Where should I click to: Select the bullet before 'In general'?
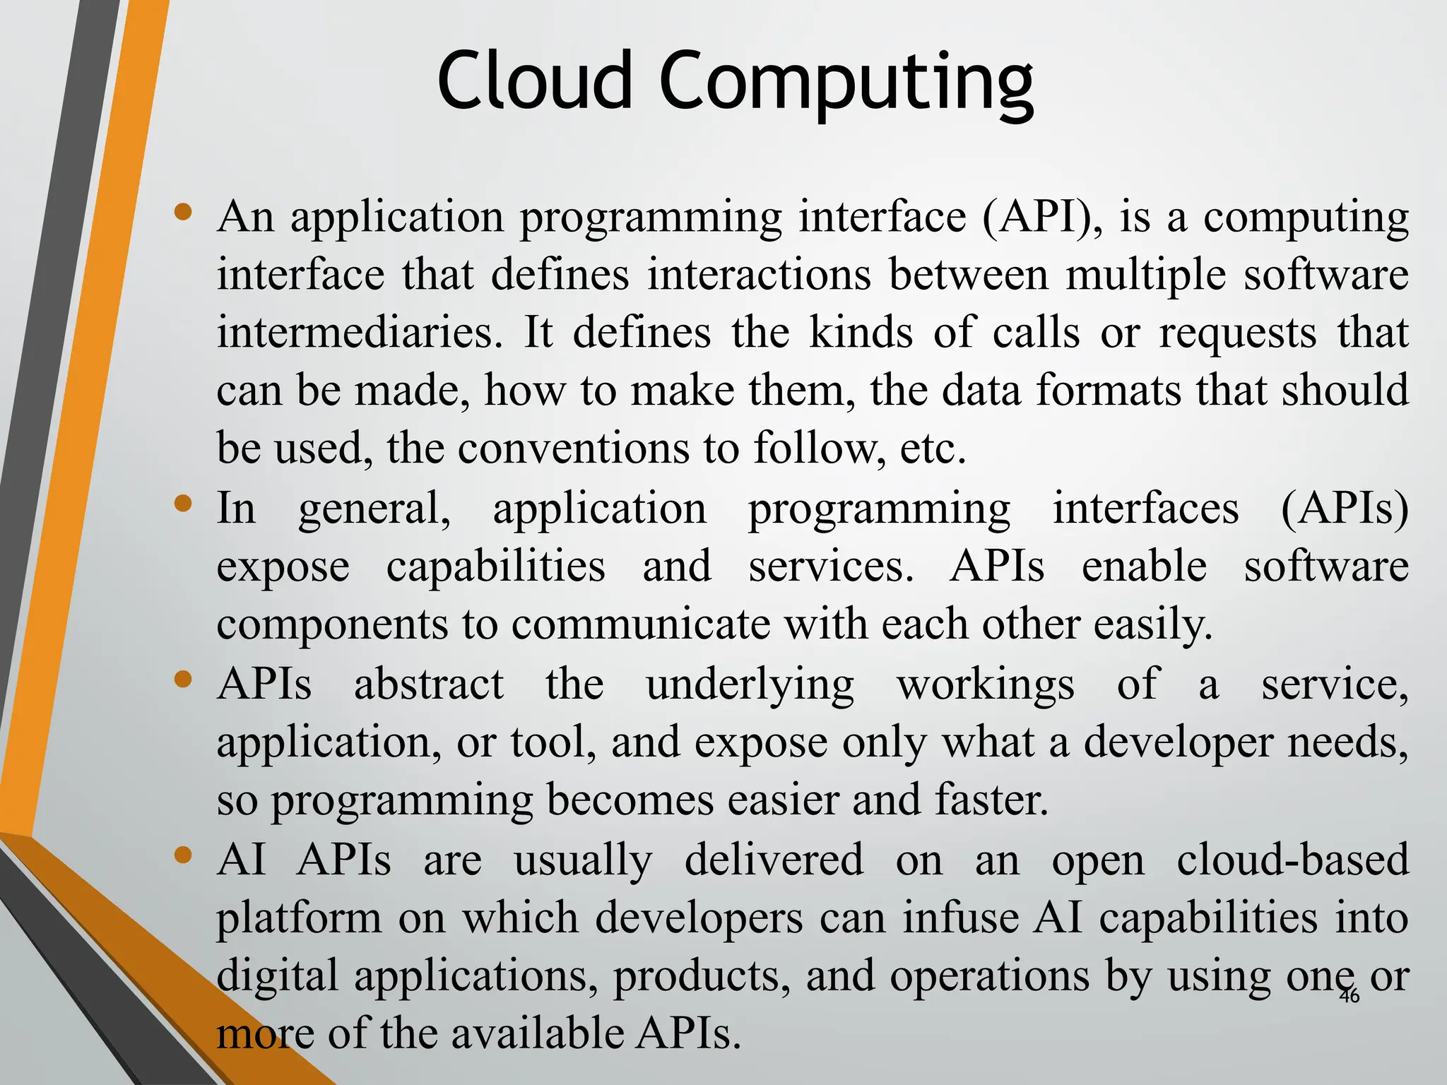point(184,504)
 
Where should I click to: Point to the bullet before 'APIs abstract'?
point(184,680)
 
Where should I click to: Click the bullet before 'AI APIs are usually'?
point(184,855)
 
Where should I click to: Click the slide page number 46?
point(1349,996)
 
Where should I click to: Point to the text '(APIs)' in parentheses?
point(1345,509)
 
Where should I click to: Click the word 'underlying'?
point(750,685)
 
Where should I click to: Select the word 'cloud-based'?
point(1292,860)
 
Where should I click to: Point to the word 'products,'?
point(701,976)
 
